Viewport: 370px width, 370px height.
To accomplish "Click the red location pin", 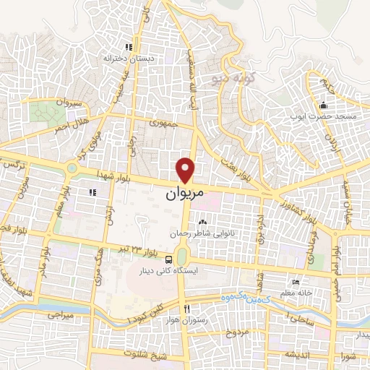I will (x=186, y=171).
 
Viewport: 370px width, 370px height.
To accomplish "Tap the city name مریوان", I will (x=185, y=194).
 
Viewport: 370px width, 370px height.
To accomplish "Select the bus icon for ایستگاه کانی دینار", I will (x=168, y=259).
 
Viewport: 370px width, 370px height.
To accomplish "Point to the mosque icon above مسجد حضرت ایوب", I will (x=322, y=106).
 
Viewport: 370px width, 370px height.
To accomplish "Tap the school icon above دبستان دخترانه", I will (x=129, y=46).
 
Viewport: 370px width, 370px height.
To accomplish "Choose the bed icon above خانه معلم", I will (x=295, y=283).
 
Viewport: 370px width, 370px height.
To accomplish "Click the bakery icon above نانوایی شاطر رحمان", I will (x=202, y=223).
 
